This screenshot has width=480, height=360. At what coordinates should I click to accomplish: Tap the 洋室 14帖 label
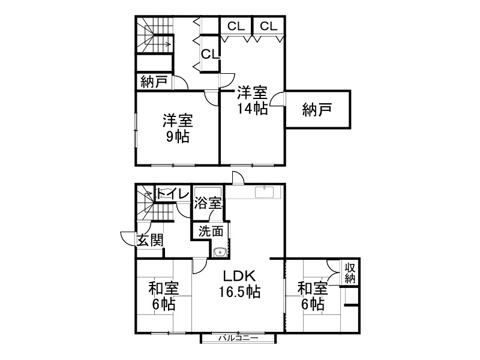point(252,100)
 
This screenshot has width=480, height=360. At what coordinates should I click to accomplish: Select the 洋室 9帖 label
point(177,128)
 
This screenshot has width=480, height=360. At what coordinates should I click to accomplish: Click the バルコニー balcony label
point(238,338)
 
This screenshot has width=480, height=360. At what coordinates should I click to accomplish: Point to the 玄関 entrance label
point(150,240)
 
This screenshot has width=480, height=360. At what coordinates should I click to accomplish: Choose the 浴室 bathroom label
point(208,203)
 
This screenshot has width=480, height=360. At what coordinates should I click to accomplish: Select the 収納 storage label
point(351,273)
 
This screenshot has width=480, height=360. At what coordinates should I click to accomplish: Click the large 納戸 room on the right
point(317,110)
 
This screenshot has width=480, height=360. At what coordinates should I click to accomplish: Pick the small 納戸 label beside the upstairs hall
point(154,82)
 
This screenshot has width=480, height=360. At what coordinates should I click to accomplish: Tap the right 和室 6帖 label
point(313,296)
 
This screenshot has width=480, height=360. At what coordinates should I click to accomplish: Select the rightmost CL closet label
point(268,26)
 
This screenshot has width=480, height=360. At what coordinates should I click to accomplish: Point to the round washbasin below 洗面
point(220,252)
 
